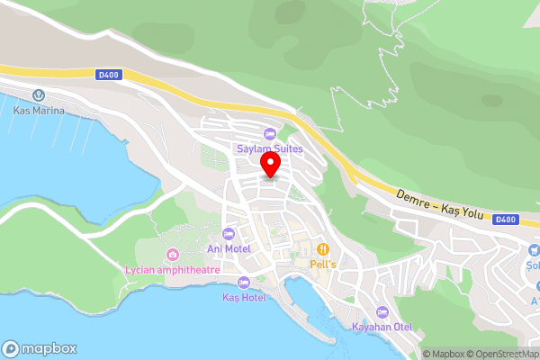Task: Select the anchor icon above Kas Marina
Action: [x=39, y=95]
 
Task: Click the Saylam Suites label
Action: [x=269, y=148]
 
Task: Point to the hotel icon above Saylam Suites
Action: [x=269, y=134]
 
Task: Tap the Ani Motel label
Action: [x=229, y=248]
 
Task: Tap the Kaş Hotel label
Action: [x=244, y=297]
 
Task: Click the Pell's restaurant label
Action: [x=323, y=265]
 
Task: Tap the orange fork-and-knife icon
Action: [x=322, y=249]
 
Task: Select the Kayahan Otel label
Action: [x=382, y=327]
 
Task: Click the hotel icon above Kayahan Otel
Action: [x=381, y=312]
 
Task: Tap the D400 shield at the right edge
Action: [x=507, y=219]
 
